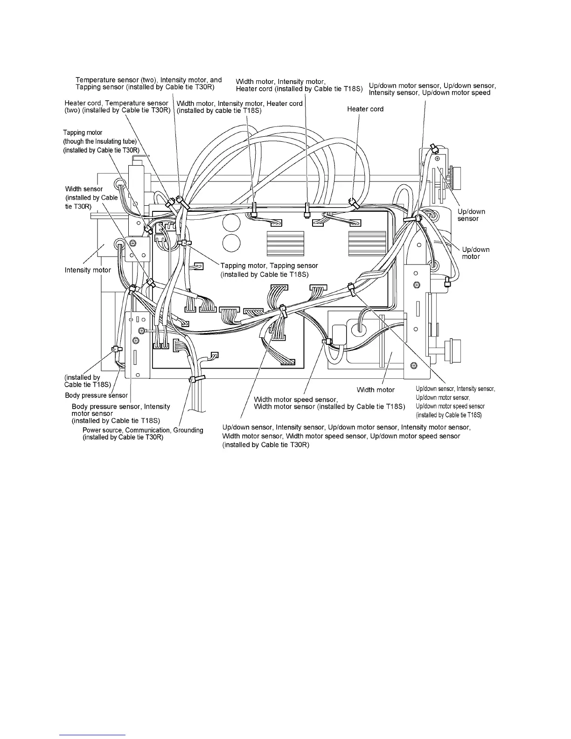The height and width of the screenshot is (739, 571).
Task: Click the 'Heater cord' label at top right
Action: tap(365, 109)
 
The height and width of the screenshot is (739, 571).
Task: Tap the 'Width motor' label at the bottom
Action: tap(376, 390)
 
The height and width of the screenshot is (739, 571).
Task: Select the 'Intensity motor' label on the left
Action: tap(88, 270)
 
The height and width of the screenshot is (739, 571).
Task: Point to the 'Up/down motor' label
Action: tap(475, 253)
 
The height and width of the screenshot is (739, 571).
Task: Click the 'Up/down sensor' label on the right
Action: tap(471, 215)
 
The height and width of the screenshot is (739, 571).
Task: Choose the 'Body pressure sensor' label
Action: tap(96, 396)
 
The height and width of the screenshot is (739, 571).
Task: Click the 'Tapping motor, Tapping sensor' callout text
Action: tap(269, 266)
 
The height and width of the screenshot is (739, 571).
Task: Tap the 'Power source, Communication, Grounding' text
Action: tap(143, 430)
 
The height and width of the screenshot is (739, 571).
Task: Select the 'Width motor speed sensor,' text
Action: tap(295, 399)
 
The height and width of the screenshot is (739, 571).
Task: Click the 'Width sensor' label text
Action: tap(84, 189)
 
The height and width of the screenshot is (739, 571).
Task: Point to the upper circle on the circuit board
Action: tap(231, 223)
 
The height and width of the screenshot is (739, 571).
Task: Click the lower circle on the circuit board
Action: tap(231, 243)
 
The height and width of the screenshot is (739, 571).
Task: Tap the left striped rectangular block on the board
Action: tap(285, 244)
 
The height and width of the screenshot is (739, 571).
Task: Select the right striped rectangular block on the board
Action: tap(367, 244)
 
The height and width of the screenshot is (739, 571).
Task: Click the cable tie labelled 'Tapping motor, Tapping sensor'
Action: tap(185, 243)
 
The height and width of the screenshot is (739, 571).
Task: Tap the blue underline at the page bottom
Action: tap(93, 735)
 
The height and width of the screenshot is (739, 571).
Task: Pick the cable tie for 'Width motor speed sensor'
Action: tap(327, 342)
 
